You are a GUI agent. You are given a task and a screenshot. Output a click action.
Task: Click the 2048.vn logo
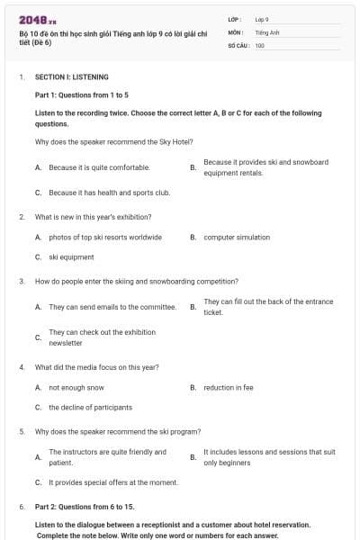pos(32,20)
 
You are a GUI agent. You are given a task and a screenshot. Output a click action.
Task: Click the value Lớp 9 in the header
pos(262,18)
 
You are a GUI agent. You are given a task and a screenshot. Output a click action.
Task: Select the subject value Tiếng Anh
pos(265,31)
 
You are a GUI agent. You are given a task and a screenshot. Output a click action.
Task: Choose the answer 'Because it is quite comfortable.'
pos(99,167)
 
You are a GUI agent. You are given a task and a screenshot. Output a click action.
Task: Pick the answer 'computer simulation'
pos(237,238)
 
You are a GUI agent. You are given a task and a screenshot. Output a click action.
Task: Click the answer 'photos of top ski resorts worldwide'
pos(105,238)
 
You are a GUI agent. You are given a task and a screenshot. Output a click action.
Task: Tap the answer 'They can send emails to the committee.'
pos(112,307)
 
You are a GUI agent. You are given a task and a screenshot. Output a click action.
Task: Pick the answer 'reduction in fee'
pos(229,388)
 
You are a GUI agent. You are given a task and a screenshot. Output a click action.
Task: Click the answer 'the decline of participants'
pos(90,408)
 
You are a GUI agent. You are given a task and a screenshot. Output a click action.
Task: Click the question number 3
pos(22,281)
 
